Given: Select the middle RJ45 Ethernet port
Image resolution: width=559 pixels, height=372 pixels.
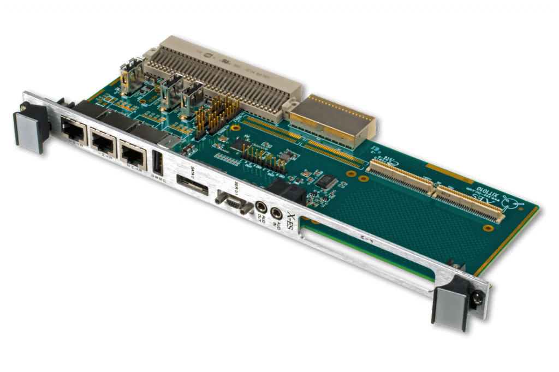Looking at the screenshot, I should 102,143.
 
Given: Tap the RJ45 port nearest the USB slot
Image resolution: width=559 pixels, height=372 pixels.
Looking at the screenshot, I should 132,153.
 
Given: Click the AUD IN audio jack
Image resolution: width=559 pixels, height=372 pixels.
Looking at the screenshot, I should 277,214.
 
